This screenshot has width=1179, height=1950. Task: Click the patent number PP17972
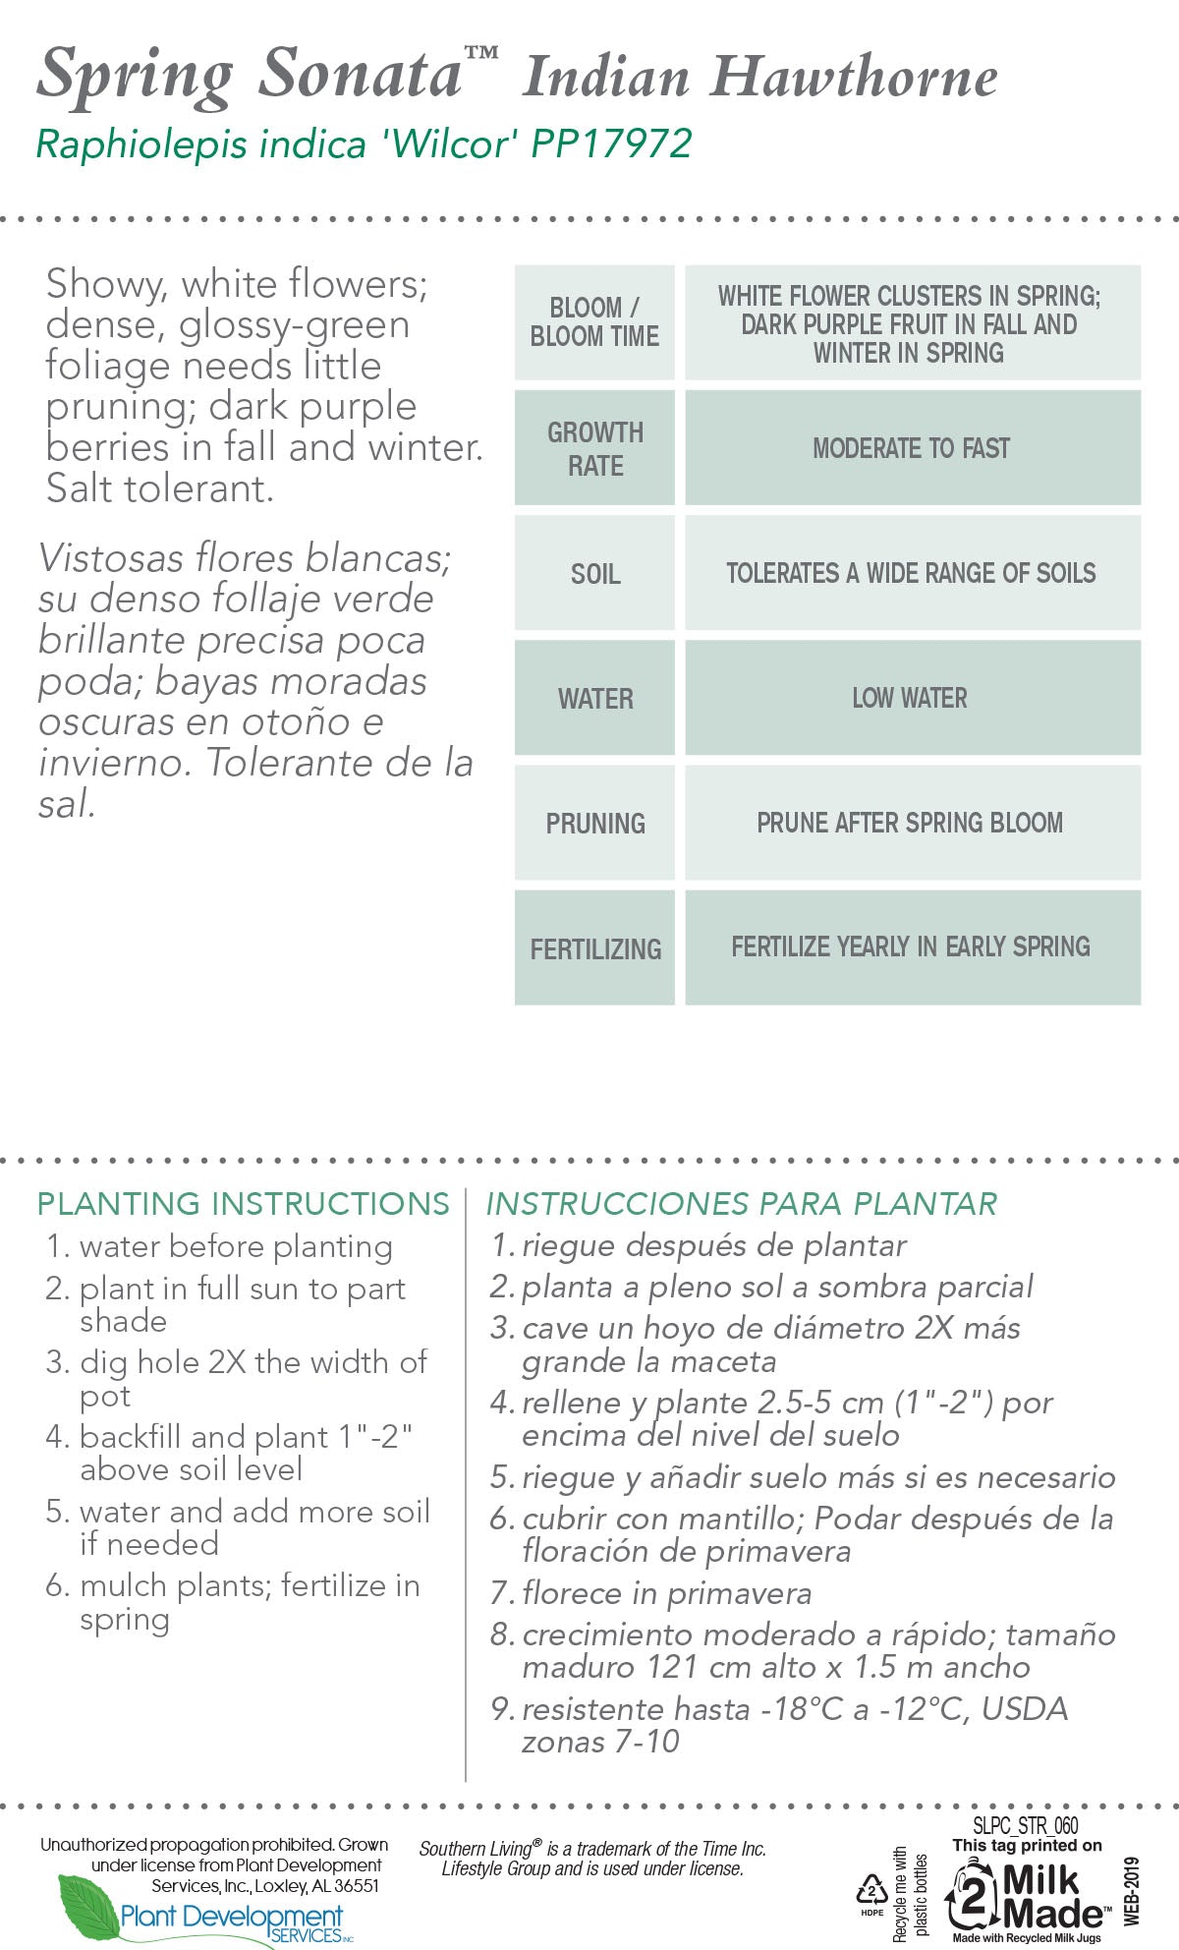[x=611, y=144]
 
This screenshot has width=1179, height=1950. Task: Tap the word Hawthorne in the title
[x=855, y=78]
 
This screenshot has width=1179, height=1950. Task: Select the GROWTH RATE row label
[x=595, y=448]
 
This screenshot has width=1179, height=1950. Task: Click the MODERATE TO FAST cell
[x=912, y=448]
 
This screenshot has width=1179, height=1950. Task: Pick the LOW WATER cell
[x=910, y=698]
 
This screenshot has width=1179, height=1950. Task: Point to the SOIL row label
[x=595, y=574]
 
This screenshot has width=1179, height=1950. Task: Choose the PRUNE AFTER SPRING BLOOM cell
[x=910, y=823]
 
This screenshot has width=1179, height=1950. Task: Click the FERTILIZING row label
[x=595, y=948]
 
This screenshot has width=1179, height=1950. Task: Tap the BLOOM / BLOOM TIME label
[x=594, y=321]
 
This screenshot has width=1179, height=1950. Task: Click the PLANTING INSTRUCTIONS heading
[x=243, y=1203]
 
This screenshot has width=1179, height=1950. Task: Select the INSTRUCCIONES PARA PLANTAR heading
[x=742, y=1203]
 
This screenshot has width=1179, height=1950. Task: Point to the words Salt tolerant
[x=159, y=488]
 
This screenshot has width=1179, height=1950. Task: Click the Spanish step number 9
[x=500, y=1709]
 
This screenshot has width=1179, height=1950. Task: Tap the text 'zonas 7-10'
[x=600, y=1742]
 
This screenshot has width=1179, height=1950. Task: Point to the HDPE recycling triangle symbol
[x=871, y=1889]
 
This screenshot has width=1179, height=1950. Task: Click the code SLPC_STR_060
[x=1026, y=1825]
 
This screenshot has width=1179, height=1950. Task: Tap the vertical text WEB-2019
[x=1132, y=1891]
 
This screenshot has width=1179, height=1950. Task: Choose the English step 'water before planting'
[x=236, y=1246]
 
